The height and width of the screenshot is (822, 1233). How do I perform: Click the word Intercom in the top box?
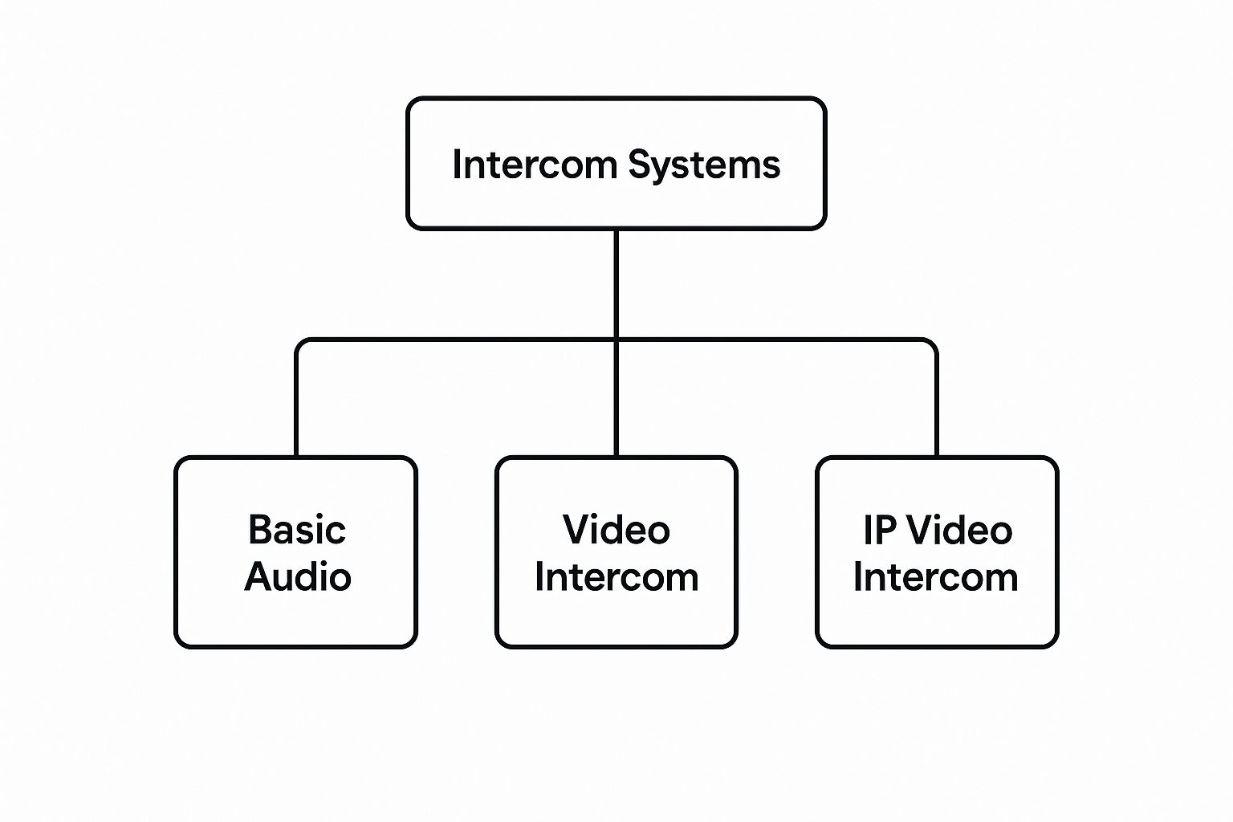coord(533,165)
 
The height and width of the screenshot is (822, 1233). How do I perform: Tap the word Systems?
coord(704,165)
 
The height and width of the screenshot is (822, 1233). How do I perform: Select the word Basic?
coord(297,530)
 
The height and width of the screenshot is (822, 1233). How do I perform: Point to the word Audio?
coord(297,577)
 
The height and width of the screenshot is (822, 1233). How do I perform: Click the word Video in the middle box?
coord(616,530)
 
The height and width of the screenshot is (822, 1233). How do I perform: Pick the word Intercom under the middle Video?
coord(616,577)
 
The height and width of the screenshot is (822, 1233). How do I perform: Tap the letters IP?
coord(879,530)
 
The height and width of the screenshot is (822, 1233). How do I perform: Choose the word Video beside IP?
coord(962,530)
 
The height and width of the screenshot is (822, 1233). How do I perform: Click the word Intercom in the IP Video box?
coord(936,577)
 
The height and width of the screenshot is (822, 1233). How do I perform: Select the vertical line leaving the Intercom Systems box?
coord(616,281)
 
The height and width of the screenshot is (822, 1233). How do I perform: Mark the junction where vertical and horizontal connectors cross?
coord(616,340)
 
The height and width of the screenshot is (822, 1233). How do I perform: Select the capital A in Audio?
coord(258,577)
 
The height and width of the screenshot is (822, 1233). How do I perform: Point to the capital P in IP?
coord(887,530)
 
